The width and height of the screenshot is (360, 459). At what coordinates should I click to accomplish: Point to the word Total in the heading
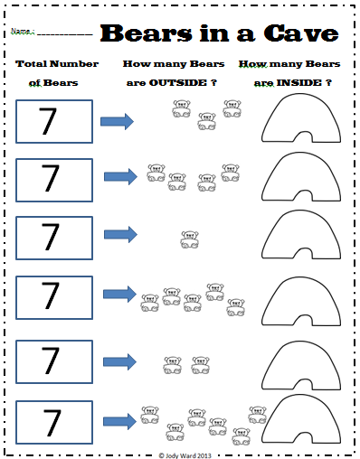coord(37,64)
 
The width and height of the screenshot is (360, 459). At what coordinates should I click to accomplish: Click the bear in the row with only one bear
coord(189,239)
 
